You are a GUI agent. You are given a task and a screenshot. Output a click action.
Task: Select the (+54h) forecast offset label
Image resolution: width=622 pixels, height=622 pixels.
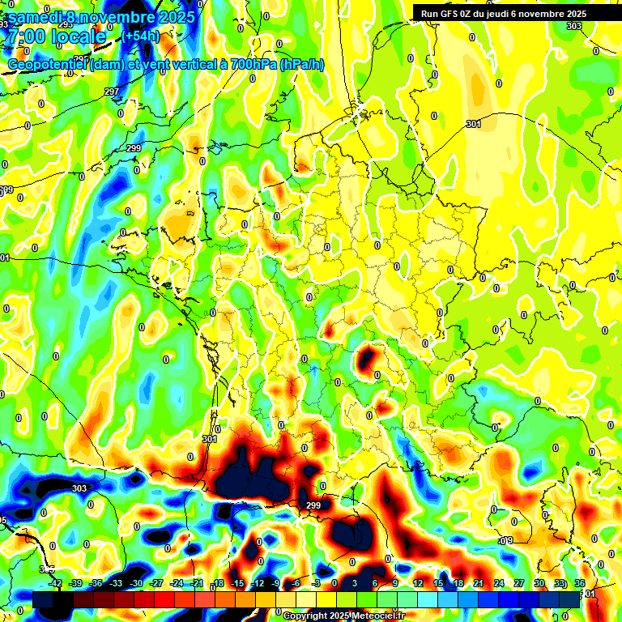[x=142, y=36]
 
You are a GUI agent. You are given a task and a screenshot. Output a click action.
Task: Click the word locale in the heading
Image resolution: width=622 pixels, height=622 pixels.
[x=78, y=36]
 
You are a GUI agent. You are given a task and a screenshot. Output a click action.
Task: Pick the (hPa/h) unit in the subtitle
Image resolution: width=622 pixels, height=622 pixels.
[x=301, y=65]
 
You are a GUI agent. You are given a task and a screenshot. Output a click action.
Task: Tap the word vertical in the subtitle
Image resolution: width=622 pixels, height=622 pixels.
[x=181, y=65]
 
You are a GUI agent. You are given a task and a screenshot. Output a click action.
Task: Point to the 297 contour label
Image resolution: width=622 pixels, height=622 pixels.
[x=112, y=92]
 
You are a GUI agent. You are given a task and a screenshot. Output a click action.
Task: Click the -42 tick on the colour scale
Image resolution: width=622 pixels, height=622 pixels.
[x=55, y=583]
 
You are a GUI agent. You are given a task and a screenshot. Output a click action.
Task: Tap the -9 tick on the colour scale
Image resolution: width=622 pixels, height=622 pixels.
[x=276, y=583]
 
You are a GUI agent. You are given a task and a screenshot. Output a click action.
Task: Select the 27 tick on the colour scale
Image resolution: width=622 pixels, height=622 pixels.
[x=519, y=583]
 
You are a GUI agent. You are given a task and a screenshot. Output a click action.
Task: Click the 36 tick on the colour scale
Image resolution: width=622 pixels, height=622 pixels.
[x=580, y=583]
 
